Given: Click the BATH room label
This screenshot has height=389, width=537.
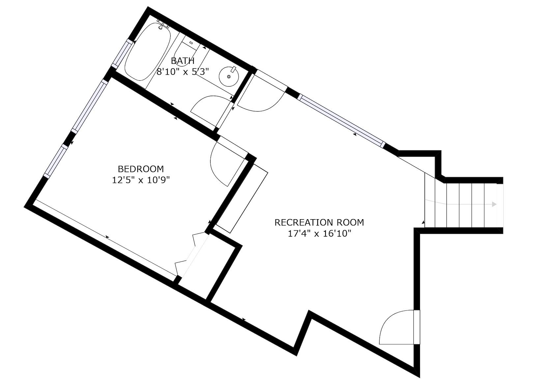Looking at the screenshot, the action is pyautogui.click(x=183, y=61).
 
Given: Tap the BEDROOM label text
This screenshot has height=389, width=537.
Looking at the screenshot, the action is pyautogui.click(x=141, y=169).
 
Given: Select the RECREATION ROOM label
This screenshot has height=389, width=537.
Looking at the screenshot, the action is pyautogui.click(x=319, y=222).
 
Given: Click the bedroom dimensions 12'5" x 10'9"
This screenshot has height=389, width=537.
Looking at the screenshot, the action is pyautogui.click(x=141, y=180).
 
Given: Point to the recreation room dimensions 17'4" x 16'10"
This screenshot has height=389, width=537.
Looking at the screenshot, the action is pyautogui.click(x=319, y=233).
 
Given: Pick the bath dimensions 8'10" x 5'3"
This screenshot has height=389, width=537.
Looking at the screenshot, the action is pyautogui.click(x=183, y=72).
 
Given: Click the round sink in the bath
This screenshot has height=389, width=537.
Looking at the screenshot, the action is pyautogui.click(x=229, y=76).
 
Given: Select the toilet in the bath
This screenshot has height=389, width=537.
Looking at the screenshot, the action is pyautogui.click(x=186, y=53).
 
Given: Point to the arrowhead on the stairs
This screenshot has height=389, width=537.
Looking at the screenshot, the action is pyautogui.click(x=494, y=204).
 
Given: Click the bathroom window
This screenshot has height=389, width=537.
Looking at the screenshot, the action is pyautogui.click(x=123, y=54).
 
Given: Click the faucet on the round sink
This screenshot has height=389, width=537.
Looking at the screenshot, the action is pyautogui.click(x=233, y=69).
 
